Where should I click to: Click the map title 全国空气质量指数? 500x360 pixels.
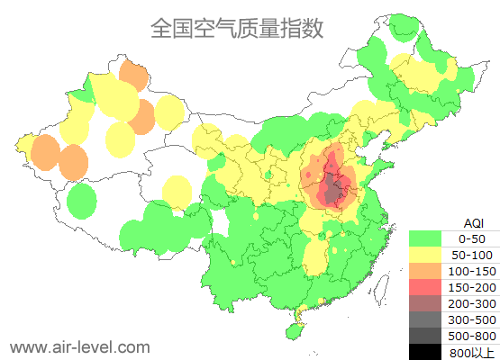pos(237,28)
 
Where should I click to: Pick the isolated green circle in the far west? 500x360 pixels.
pos(82,201)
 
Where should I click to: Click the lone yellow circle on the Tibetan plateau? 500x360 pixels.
pos(177,191)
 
